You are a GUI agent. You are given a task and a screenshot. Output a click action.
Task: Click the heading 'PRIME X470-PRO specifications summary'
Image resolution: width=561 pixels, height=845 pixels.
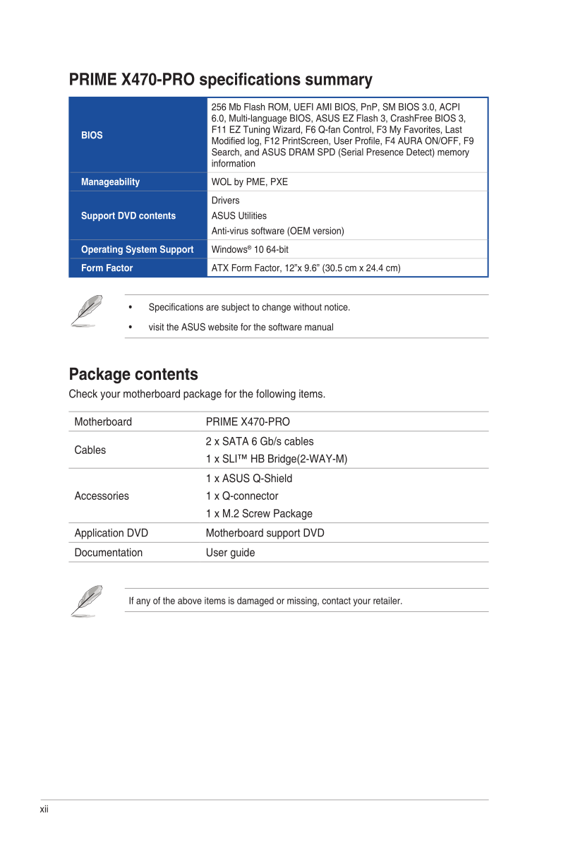(220, 80)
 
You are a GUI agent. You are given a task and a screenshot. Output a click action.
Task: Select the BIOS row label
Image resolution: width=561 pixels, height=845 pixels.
(92, 135)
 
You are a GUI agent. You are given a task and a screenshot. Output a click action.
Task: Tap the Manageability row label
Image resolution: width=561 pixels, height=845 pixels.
(110, 182)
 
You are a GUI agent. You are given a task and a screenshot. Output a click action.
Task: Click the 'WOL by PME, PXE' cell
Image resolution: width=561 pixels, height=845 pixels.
(250, 182)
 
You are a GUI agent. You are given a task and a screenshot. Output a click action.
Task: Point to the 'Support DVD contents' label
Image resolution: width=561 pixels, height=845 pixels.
(128, 216)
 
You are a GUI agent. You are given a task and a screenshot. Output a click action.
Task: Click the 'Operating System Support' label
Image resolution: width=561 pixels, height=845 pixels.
(137, 250)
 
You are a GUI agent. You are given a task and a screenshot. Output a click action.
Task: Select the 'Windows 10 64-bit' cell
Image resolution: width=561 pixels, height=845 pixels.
(250, 250)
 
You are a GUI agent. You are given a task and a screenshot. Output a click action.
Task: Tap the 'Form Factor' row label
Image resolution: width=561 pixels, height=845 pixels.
(107, 268)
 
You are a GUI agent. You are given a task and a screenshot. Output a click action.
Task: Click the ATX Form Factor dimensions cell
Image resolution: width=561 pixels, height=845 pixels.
(306, 268)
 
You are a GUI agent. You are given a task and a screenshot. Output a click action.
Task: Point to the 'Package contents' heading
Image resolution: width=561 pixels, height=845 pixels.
(133, 374)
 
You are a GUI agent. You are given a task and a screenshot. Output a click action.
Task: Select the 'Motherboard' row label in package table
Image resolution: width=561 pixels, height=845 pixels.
(103, 422)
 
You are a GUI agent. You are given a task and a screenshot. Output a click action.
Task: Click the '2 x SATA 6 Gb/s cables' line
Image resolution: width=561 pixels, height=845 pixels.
(260, 442)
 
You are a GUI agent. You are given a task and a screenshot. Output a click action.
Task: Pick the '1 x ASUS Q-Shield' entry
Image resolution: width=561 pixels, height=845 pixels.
(249, 479)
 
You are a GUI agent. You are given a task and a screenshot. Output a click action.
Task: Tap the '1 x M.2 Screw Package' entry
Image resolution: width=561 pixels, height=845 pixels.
(259, 514)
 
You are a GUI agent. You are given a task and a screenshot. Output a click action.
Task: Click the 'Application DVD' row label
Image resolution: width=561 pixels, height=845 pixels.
(111, 534)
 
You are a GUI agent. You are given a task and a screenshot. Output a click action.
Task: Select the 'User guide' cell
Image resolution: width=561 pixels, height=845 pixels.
(230, 553)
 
